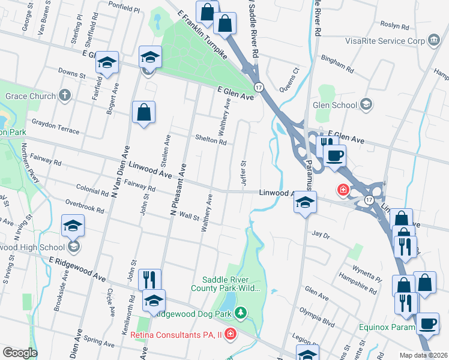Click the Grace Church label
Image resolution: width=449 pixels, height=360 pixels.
click(30, 95)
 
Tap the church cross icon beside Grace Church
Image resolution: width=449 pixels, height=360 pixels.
click(65, 95)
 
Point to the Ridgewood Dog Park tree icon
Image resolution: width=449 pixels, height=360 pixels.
click(240, 313)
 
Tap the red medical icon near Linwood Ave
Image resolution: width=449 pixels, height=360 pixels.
click(343, 190)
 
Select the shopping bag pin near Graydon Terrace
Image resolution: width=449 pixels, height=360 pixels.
click(144, 112)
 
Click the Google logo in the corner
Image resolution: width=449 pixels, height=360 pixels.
click(19, 353)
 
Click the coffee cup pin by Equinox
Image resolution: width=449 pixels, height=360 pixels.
click(428, 323)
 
